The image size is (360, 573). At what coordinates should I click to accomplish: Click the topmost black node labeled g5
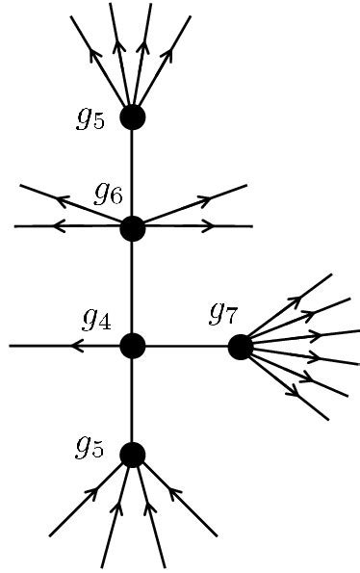coord(132,117)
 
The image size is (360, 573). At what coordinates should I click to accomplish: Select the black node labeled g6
coord(132,229)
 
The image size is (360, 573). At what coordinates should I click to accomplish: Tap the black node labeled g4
coord(132,345)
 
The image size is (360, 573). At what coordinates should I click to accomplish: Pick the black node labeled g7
coord(241,347)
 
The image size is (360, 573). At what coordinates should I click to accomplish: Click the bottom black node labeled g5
coord(132,454)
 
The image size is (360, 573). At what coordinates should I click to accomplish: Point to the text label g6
coord(108,195)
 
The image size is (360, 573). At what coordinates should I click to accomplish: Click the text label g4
coord(96,319)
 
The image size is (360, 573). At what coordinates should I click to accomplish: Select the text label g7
coord(223,313)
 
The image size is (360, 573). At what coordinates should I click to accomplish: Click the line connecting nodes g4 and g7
coord(187,346)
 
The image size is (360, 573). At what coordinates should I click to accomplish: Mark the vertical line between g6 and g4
coord(132,287)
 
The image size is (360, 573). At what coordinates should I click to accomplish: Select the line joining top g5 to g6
coord(132,173)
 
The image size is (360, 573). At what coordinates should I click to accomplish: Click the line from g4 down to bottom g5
coord(132,400)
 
